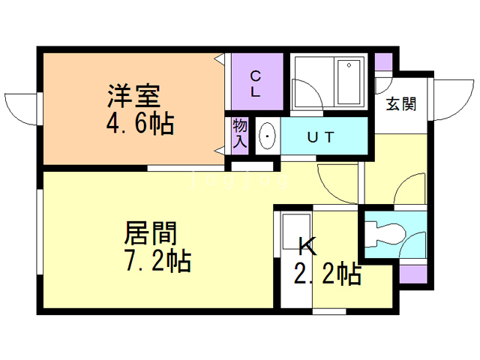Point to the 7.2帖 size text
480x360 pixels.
157,261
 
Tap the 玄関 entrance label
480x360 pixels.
401,104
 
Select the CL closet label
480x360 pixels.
255,83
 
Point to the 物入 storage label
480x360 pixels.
239,135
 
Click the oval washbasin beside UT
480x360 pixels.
268,137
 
